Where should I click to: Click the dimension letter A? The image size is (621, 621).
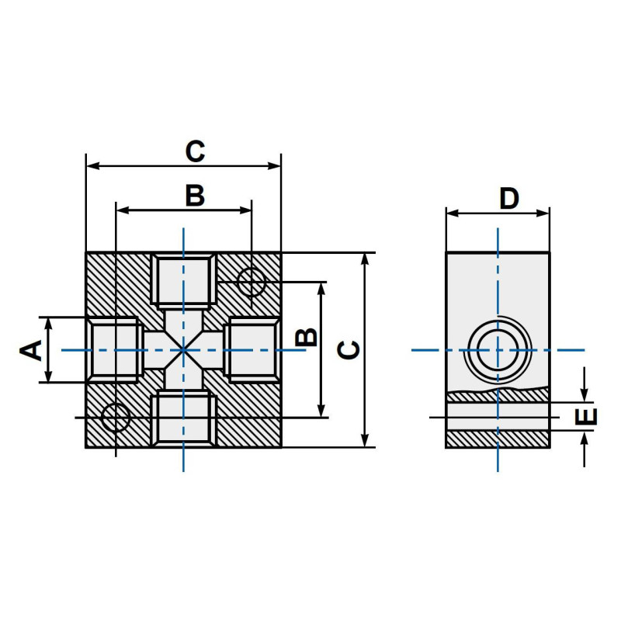coord(31,349)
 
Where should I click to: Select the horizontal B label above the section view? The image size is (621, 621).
coord(194,196)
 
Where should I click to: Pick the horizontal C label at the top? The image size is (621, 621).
coord(194,151)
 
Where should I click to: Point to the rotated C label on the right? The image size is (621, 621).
coord(350,349)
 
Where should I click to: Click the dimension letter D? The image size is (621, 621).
coord(508,199)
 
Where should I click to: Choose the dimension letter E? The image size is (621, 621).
coord(590,416)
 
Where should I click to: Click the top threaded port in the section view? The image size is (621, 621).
coord(183,280)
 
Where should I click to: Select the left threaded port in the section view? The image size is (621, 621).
coord(114,349)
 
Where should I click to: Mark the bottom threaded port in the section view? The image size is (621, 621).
coord(183,419)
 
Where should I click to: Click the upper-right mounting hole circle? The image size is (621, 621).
coord(251,282)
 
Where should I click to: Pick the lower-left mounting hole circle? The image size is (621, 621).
coord(116,418)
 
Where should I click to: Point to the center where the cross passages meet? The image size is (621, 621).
coord(183,350)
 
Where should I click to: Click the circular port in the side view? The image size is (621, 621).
coord(498,350)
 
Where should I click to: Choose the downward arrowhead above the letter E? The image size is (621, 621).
coord(584,395)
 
